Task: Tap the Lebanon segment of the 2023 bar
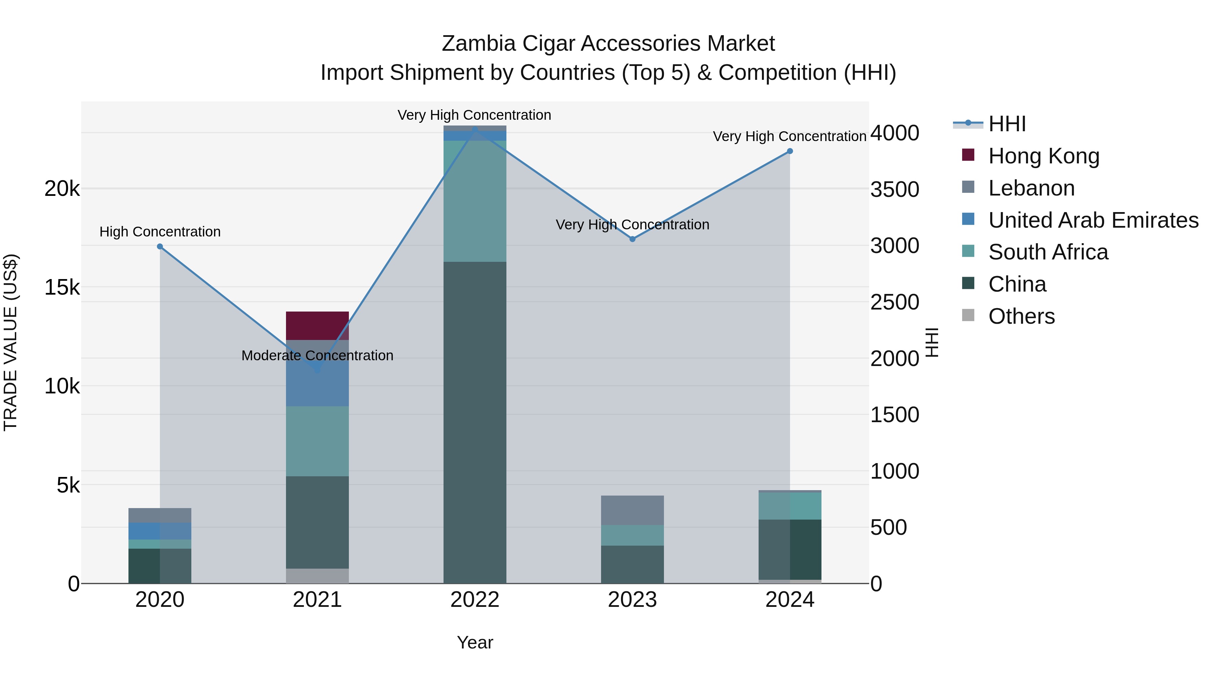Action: click(632, 510)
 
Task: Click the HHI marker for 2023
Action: click(633, 239)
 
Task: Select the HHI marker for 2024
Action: click(790, 151)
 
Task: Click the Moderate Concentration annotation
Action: click(317, 356)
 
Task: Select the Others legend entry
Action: click(1021, 316)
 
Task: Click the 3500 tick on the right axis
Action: click(894, 189)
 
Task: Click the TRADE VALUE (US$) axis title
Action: click(10, 342)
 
